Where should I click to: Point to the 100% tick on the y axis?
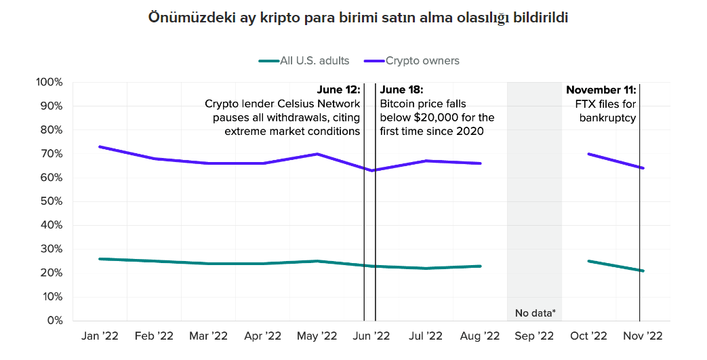pos(49,83)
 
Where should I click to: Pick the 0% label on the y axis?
pos(54,321)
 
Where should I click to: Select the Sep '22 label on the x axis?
pos(534,336)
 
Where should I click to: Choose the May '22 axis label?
pos(317,336)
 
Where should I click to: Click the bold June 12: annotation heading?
pos(339,89)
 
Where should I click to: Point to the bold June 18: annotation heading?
pos(401,89)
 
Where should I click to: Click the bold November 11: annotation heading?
pos(601,89)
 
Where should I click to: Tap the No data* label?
pos(535,313)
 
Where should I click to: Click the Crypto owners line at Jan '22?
pos(100,146)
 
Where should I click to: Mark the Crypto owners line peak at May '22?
pos(317,154)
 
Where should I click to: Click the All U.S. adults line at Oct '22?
pos(588,261)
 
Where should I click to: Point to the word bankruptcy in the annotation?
pos(607,118)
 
